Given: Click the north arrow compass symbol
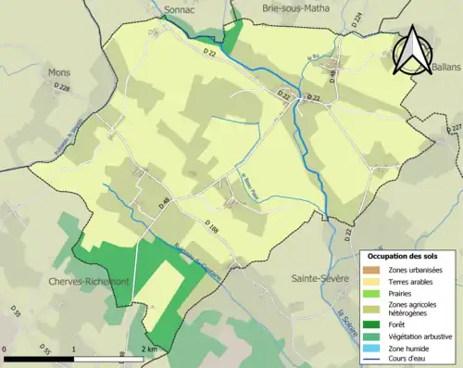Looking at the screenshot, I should coord(414,51).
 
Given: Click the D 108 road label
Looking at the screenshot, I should coord(212,227).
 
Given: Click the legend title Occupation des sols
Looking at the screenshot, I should coord(405,256).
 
